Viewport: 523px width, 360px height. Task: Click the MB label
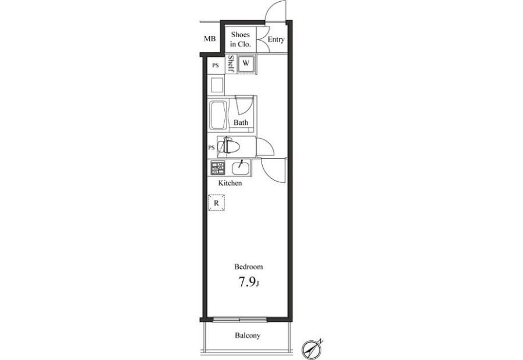tap(210, 39)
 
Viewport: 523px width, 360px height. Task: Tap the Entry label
tap(276, 39)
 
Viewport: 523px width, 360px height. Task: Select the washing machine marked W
tap(246, 63)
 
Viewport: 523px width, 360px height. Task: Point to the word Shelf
tap(231, 64)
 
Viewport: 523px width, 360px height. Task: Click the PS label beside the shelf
tap(216, 66)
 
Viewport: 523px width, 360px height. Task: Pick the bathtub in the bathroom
tap(218, 116)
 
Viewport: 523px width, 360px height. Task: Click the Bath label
tap(241, 123)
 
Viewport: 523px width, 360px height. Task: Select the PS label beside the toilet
tap(212, 147)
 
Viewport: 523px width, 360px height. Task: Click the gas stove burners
tap(217, 168)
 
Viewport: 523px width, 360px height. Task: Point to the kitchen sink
tap(240, 168)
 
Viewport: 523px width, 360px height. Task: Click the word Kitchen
tap(230, 183)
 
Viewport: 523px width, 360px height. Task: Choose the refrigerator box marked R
tap(217, 203)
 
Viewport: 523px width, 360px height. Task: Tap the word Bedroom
tap(249, 267)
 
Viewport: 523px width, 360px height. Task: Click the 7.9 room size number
tap(246, 282)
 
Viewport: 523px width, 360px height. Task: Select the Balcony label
tap(248, 336)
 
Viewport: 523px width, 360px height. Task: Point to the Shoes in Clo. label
tap(241, 39)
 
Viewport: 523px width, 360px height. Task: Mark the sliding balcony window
tap(240, 320)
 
